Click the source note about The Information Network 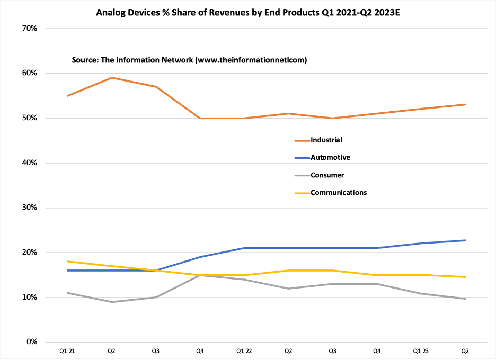coord(189,60)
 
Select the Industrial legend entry coord(326,140)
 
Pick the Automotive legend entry coord(330,157)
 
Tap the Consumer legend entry coord(327,175)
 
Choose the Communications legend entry coord(338,192)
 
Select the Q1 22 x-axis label coord(244,350)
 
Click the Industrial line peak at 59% coord(112,78)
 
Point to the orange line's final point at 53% coord(465,104)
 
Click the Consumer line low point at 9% coord(112,302)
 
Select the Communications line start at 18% coord(68,261)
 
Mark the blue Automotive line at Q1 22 coord(244,248)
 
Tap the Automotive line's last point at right coord(465,240)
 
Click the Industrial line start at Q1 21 coord(68,96)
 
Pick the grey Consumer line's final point coord(465,299)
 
